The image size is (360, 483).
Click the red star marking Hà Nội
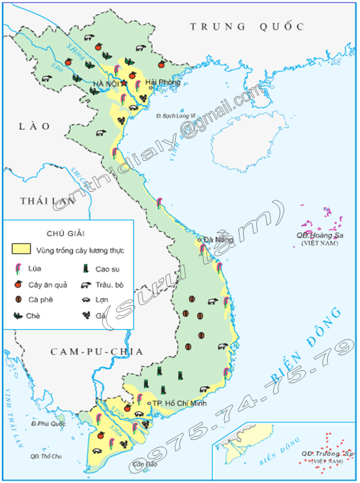(x=124, y=83)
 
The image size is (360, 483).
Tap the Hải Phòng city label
(x=160, y=82)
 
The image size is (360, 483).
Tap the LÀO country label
(x=34, y=127)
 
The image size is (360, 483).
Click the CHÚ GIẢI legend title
(x=66, y=232)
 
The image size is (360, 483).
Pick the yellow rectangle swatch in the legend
(x=21, y=249)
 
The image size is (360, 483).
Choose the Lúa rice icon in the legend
(x=19, y=269)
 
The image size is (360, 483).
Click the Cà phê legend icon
(x=19, y=299)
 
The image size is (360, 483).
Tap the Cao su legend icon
(x=84, y=269)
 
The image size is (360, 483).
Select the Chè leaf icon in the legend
(x=19, y=315)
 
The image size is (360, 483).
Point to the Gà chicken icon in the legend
(x=84, y=315)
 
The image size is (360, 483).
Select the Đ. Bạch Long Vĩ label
(x=176, y=115)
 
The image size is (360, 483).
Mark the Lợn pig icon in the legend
(x=84, y=299)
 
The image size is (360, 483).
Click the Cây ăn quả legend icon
(x=19, y=284)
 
